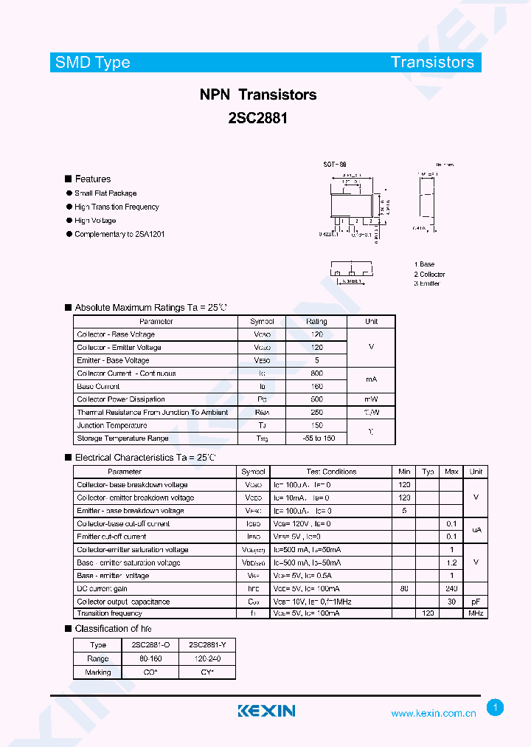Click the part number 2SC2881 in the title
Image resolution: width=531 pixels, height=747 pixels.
[257, 117]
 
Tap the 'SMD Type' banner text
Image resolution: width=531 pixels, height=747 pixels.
[93, 63]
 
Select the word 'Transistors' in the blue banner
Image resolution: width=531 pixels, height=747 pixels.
[432, 63]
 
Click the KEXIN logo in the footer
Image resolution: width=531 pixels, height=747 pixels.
[266, 711]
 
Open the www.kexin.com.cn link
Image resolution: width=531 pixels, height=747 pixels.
[433, 713]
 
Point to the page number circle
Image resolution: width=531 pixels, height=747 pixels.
[496, 708]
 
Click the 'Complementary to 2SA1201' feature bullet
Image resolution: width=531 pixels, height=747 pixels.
[119, 234]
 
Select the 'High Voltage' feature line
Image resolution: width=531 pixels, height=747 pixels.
[95, 221]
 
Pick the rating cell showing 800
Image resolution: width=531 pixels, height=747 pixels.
[316, 373]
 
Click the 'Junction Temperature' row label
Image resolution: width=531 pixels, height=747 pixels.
[112, 425]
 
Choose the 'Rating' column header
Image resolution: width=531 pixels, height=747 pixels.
[316, 322]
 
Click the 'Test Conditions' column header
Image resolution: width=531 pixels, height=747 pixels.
[331, 472]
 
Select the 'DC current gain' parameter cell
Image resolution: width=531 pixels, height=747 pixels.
[103, 588]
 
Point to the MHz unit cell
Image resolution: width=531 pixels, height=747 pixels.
[476, 613]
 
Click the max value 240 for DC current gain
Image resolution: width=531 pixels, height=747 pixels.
[451, 588]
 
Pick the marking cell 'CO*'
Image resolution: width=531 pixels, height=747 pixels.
[150, 672]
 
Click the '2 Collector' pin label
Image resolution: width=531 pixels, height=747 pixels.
[429, 274]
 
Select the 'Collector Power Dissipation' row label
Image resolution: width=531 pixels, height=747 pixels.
[121, 399]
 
